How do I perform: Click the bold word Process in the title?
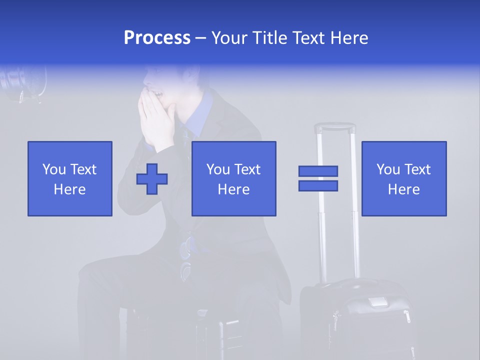click(156, 38)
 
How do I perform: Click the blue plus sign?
click(152, 179)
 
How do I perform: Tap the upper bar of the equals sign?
click(318, 171)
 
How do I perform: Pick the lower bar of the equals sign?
click(318, 185)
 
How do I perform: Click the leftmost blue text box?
click(70, 178)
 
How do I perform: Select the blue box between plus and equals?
click(234, 178)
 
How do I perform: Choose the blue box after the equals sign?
click(404, 178)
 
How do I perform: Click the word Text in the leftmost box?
click(82, 169)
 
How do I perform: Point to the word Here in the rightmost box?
click(404, 189)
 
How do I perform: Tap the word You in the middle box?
click(218, 169)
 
